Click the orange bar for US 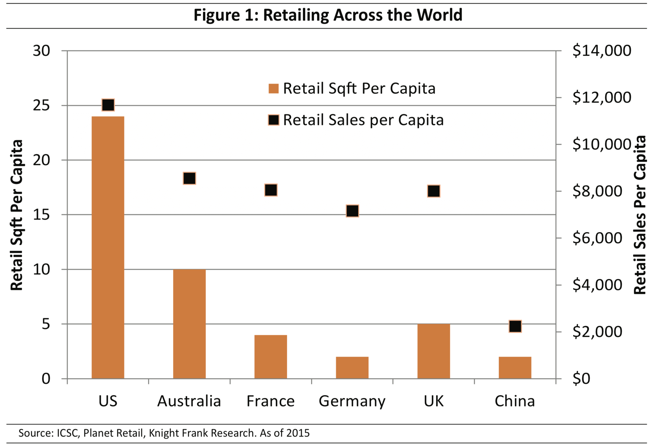point(108,247)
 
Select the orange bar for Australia point(189,324)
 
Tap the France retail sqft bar point(271,357)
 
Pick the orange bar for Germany point(352,367)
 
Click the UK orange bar point(433,351)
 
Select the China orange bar point(515,367)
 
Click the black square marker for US point(108,105)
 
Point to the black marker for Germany point(352,211)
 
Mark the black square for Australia point(189,178)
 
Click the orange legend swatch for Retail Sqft point(274,89)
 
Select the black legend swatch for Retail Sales point(274,120)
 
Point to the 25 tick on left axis point(41,106)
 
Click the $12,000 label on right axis point(602,97)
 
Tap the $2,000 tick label point(597,331)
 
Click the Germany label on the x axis point(352,402)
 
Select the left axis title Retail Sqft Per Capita point(16,215)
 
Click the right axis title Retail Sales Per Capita point(640,215)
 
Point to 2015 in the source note point(298,433)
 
